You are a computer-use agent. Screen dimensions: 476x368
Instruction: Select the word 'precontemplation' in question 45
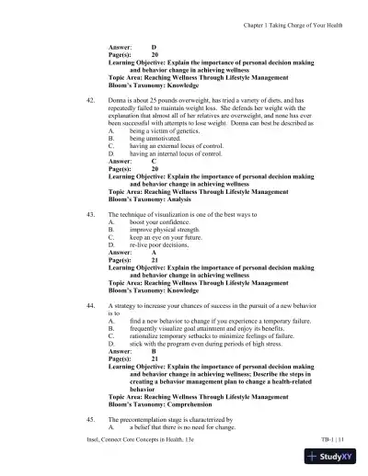tap(148, 418)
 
